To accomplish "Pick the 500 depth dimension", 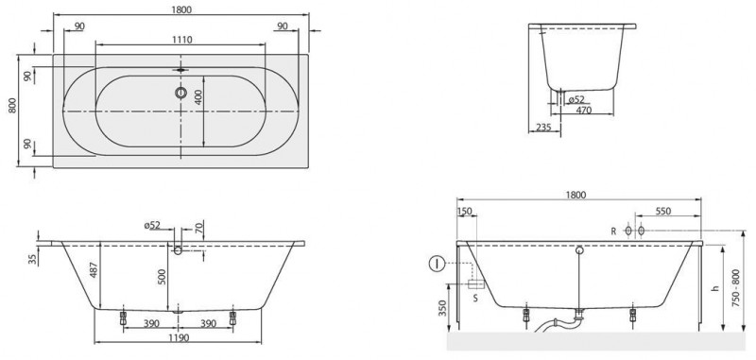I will (162, 276).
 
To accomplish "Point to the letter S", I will (476, 298).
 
